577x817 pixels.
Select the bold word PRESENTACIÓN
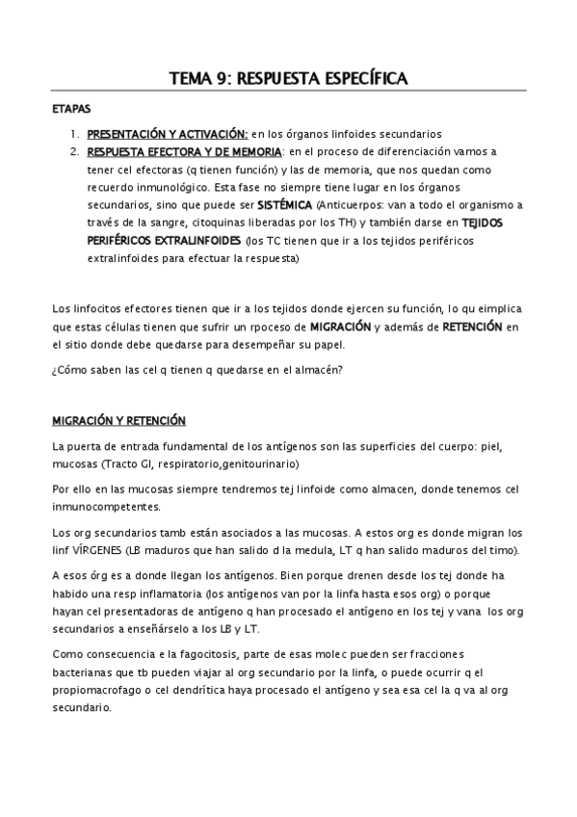[128, 135]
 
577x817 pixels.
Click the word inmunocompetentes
[106, 507]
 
